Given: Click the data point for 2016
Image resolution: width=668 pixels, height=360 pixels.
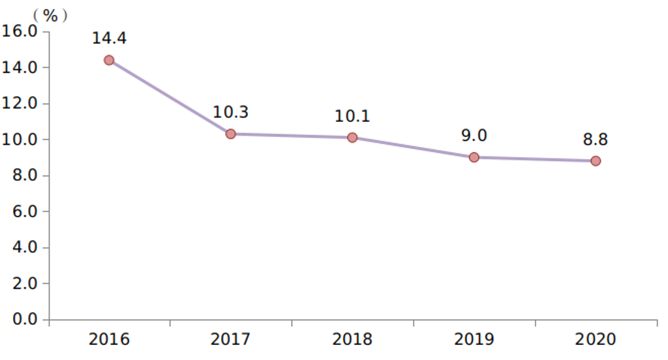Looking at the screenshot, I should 109,60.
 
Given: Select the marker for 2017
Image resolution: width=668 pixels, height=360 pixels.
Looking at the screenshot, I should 230,134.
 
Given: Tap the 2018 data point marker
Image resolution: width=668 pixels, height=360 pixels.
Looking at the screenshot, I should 352,138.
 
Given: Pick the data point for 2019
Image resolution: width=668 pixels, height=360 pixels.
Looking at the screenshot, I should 474,157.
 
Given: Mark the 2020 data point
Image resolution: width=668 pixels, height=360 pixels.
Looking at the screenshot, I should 596,161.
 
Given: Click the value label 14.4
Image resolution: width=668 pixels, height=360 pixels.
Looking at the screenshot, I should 109,38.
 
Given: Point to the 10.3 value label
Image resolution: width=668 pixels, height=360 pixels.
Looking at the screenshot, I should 230,112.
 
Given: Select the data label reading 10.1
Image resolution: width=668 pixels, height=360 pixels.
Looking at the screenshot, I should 352,116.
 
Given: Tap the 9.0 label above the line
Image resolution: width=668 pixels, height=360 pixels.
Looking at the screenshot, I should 474,136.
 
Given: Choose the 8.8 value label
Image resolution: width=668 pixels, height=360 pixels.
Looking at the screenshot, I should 596,140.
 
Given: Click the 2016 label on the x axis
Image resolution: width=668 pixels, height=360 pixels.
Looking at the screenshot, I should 109,340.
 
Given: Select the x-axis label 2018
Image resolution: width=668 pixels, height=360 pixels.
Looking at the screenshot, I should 352,340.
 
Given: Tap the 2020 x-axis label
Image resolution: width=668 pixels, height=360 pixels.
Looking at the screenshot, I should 596,340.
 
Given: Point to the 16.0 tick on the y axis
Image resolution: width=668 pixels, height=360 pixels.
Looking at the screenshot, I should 21,31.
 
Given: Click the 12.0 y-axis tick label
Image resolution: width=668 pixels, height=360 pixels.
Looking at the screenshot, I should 21,104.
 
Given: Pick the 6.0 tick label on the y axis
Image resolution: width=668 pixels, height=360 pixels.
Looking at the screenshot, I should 24,212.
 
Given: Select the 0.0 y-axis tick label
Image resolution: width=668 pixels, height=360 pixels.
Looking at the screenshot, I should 24,320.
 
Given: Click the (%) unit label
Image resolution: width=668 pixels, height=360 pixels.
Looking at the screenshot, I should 50,15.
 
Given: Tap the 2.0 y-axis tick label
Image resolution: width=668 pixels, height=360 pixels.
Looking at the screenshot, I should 24,284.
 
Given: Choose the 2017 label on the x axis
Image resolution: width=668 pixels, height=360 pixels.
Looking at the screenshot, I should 230,340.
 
